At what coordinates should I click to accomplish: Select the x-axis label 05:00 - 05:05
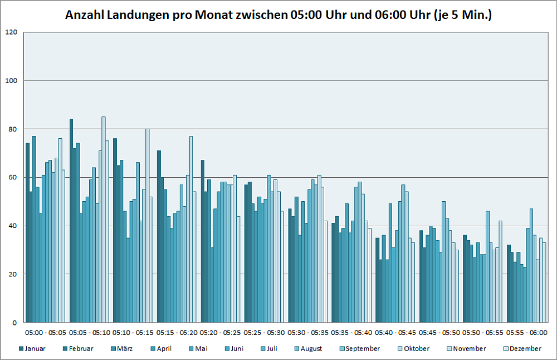pyautogui.click(x=46, y=333)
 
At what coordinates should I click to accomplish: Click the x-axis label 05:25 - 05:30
pyautogui.click(x=265, y=333)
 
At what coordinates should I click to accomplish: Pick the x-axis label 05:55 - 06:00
pyautogui.click(x=527, y=333)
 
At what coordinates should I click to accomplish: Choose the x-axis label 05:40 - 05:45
pyautogui.click(x=395, y=333)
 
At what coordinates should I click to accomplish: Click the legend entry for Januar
pyautogui.click(x=32, y=349)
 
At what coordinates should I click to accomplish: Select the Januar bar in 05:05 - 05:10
pyautogui.click(x=71, y=221)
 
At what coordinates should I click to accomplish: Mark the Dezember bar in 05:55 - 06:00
pyautogui.click(x=544, y=283)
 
